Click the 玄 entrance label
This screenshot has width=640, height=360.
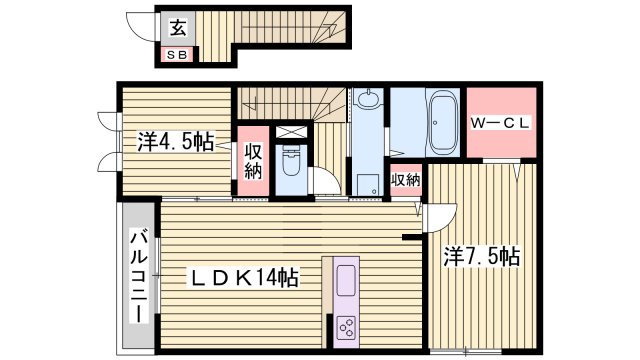pyautogui.click(x=176, y=27)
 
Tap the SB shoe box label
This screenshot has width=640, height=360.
pyautogui.click(x=176, y=55)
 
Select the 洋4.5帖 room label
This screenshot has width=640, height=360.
pyautogui.click(x=174, y=142)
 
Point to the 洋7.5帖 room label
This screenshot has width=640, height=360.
pyautogui.click(x=481, y=256)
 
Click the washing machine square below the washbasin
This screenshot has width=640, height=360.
pyautogui.click(x=366, y=183)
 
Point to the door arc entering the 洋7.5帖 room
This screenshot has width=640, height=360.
pyautogui.click(x=441, y=215)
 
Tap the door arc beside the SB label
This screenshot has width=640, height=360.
pyautogui.click(x=149, y=55)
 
